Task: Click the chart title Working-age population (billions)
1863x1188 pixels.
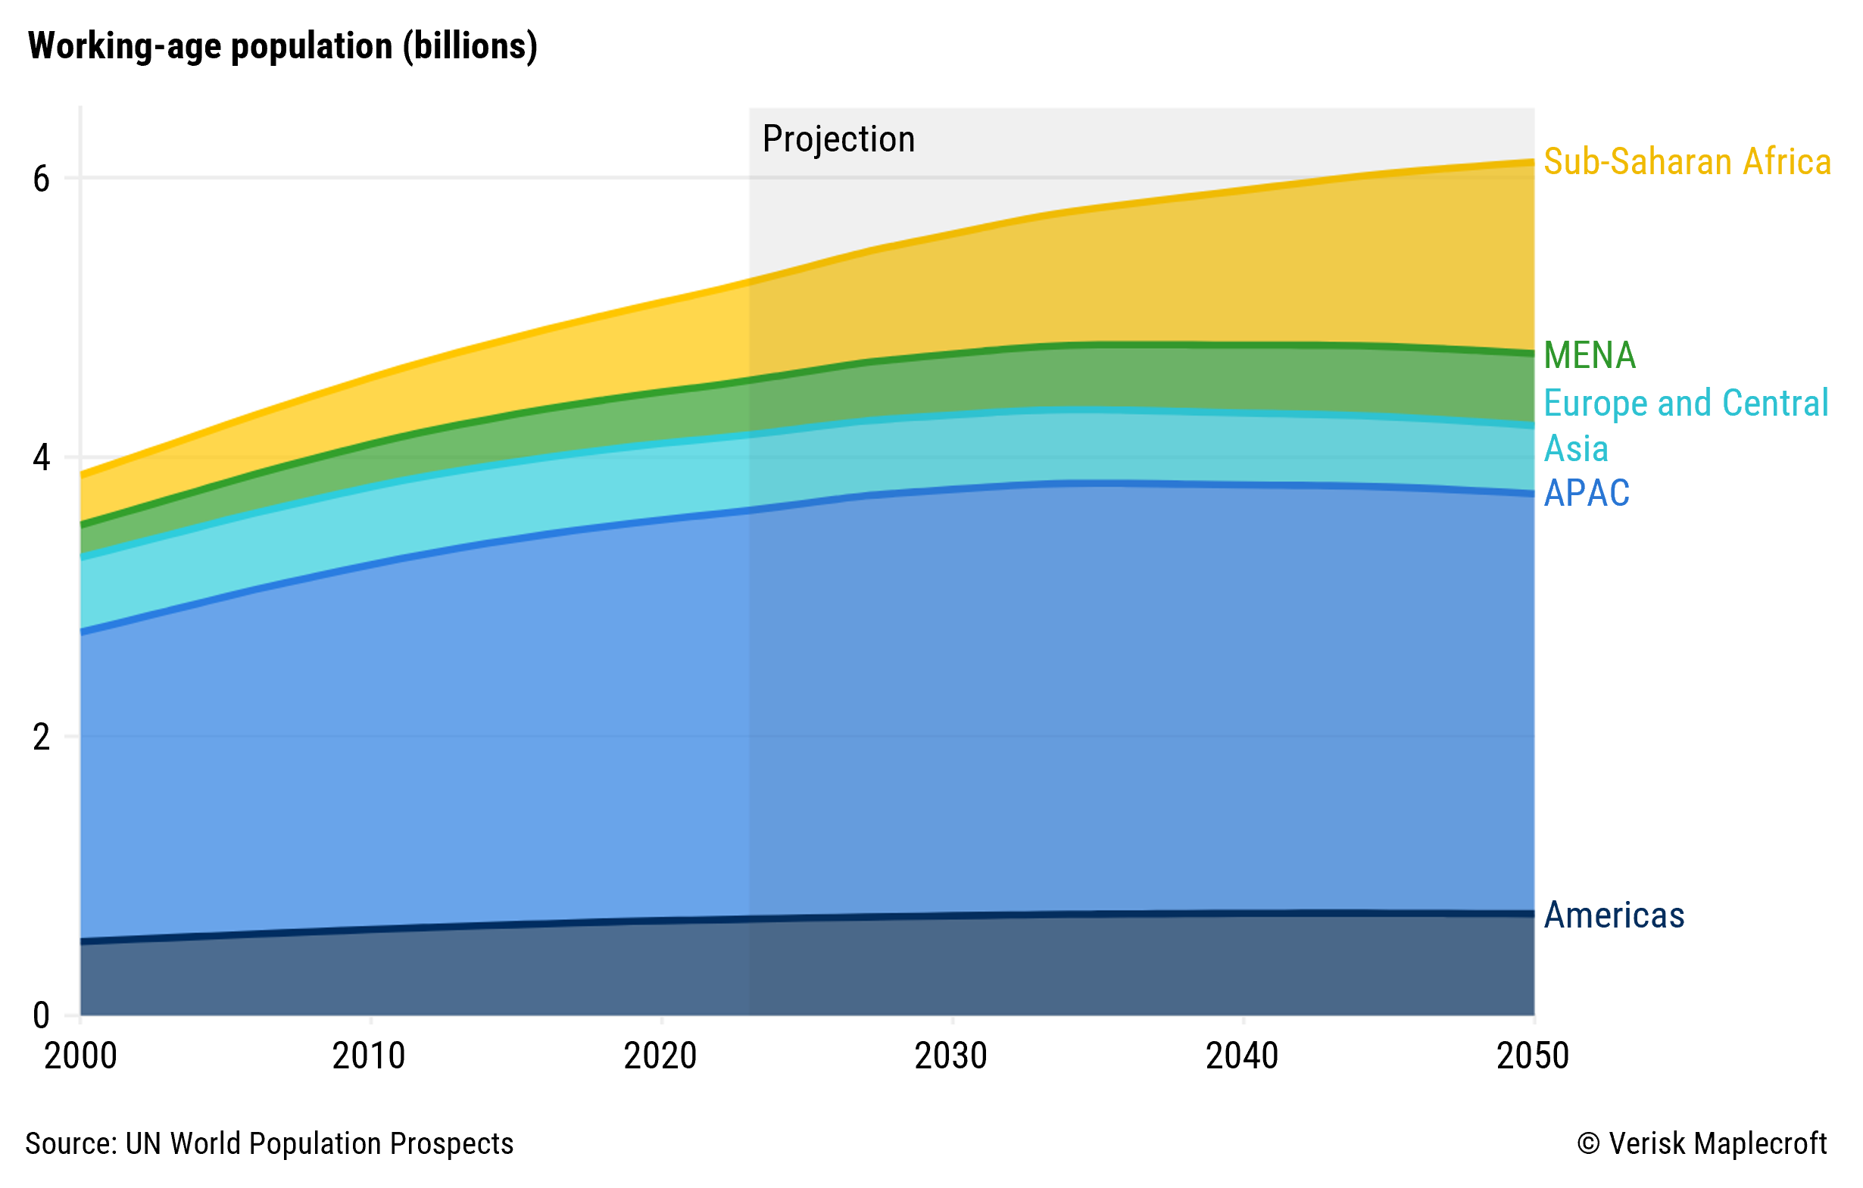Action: (x=282, y=46)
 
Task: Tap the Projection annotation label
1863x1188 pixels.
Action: (x=838, y=139)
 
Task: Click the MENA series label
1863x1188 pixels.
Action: (x=1589, y=355)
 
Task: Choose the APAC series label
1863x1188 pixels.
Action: (x=1586, y=493)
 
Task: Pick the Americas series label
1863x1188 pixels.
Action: (x=1614, y=915)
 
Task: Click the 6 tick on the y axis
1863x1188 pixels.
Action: (x=41, y=179)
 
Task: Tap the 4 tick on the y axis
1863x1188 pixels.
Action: (x=41, y=458)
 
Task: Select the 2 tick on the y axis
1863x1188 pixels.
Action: (x=41, y=737)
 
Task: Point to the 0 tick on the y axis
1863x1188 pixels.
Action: (x=41, y=1015)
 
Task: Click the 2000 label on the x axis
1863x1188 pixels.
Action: (x=80, y=1056)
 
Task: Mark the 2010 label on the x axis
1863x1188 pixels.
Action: (x=369, y=1056)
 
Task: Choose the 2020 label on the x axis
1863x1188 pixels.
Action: (x=660, y=1056)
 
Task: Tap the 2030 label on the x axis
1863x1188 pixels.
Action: (x=951, y=1056)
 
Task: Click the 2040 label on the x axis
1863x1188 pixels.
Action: (x=1242, y=1056)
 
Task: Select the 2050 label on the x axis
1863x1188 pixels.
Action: (x=1533, y=1056)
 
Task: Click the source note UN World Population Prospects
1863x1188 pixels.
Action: (x=270, y=1143)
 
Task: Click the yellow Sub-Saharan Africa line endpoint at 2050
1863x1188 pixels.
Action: (x=1533, y=161)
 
